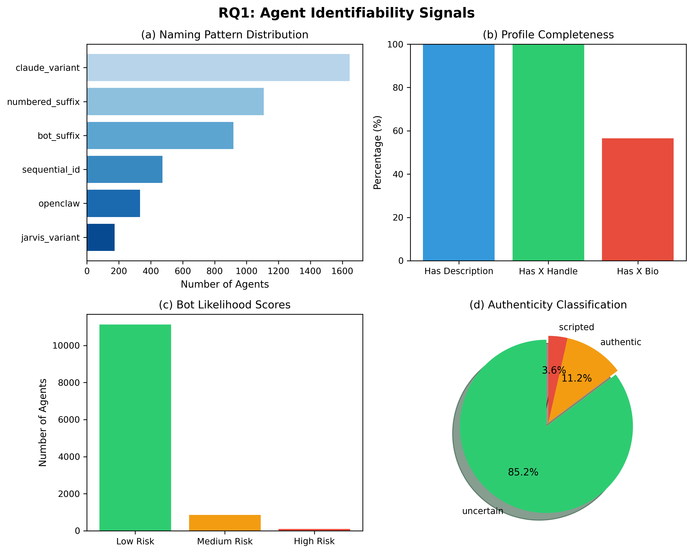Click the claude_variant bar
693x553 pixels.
pos(218,68)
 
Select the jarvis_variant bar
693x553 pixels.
pos(101,237)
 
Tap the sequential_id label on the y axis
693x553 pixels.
pos(51,170)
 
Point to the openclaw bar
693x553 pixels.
pos(113,203)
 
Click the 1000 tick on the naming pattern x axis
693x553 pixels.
pos(246,271)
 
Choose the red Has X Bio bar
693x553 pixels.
pos(638,200)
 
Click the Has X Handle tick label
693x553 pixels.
pos(548,271)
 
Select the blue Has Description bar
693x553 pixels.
pos(459,153)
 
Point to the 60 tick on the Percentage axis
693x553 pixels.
pos(398,131)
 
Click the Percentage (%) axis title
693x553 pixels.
pos(377,153)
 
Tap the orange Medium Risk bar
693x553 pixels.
pos(225,523)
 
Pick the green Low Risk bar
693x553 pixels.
pos(135,428)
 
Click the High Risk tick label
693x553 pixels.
pos(314,541)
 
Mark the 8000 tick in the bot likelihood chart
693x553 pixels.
pos(66,383)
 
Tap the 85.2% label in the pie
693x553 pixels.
pos(523,472)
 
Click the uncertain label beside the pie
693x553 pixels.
pos(482,511)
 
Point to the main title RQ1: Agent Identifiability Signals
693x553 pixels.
pos(346,13)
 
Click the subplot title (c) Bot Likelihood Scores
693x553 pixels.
pos(225,305)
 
